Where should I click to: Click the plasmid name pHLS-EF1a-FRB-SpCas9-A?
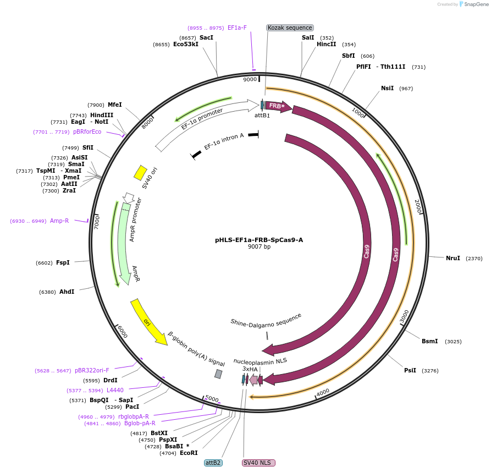[259, 240]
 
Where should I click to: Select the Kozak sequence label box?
[290, 28]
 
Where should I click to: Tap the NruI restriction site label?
[453, 258]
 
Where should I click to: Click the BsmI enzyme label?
[429, 341]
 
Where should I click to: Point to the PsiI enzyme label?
[410, 371]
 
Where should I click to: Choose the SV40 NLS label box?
[258, 463]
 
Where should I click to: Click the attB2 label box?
[213, 463]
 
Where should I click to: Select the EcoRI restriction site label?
[189, 453]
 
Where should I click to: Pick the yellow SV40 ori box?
[140, 172]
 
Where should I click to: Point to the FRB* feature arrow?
[278, 106]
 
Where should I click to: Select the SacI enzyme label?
[206, 37]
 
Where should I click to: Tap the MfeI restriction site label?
[114, 105]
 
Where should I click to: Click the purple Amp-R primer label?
[59, 221]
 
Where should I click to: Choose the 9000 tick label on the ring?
[250, 79]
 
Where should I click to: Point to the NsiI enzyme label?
[387, 88]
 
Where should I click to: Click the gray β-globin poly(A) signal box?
[218, 374]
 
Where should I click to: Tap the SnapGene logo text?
[476, 4]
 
